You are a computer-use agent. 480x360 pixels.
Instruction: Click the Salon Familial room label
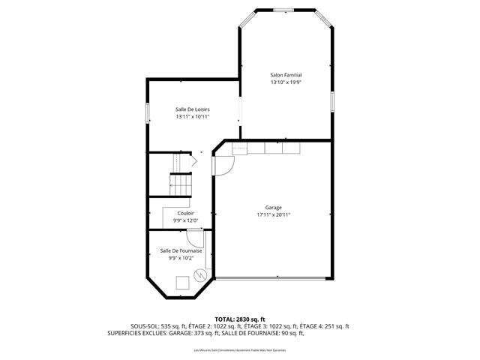pos(286,75)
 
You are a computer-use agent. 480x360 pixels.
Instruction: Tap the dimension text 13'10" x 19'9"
pos(286,82)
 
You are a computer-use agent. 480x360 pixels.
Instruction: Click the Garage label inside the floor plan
pos(273,208)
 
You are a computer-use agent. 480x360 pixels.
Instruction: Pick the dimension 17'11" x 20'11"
pos(273,215)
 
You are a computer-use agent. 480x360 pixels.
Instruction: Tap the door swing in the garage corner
pos(223,164)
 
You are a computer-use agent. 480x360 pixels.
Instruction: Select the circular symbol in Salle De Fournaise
pos(200,275)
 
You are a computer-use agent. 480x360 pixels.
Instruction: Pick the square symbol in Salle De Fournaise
pos(182,283)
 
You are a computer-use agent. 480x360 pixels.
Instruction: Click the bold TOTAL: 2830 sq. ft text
pos(240,319)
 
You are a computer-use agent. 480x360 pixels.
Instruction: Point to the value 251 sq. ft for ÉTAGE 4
pos(334,326)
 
